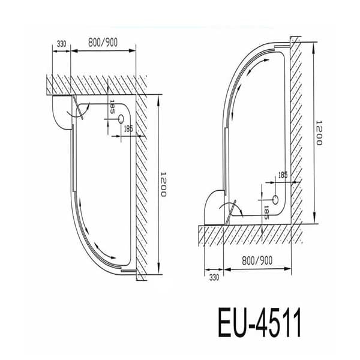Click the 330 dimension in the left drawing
[61, 44]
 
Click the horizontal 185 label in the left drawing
[128, 128]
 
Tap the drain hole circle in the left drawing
[121, 119]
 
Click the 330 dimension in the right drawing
[214, 278]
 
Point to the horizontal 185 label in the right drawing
[283, 176]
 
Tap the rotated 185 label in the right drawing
[267, 211]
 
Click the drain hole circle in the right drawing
[275, 199]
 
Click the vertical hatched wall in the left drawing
[142, 180]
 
